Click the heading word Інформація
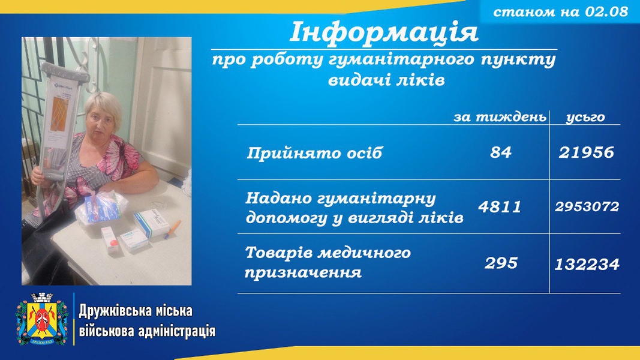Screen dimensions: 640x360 (x=384, y=32)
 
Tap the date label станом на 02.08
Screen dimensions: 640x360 (x=560, y=11)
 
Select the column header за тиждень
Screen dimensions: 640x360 (x=500, y=117)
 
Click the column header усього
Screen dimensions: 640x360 (x=585, y=118)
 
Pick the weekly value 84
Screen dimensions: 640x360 (x=501, y=152)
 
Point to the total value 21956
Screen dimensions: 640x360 (x=586, y=152)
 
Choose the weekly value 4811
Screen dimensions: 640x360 (x=500, y=206)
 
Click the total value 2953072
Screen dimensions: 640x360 (x=587, y=206)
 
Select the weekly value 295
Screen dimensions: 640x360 (x=501, y=263)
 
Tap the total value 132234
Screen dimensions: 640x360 (x=587, y=265)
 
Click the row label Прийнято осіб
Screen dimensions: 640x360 (x=314, y=153)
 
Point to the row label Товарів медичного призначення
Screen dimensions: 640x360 (x=327, y=262)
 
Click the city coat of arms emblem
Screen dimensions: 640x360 (x=42, y=319)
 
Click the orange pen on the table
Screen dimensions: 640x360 (x=173, y=229)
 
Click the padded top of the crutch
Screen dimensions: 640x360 (x=65, y=72)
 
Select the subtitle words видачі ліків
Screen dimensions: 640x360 (x=386, y=80)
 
